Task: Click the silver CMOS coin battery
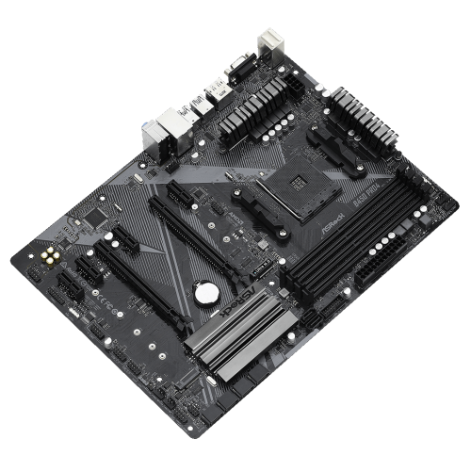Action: click(x=203, y=293)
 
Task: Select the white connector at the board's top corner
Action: click(x=273, y=40)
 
